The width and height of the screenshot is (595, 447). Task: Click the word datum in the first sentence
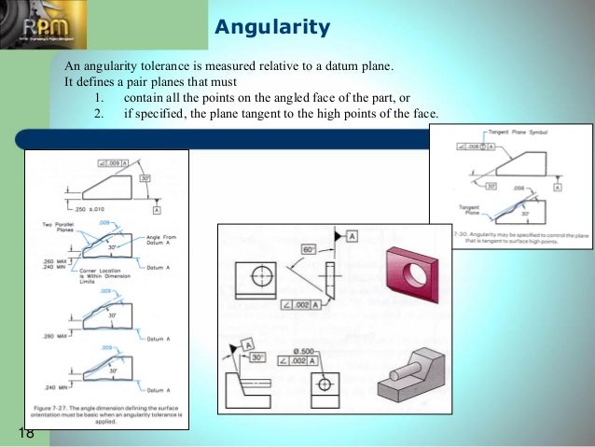[x=332, y=67]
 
